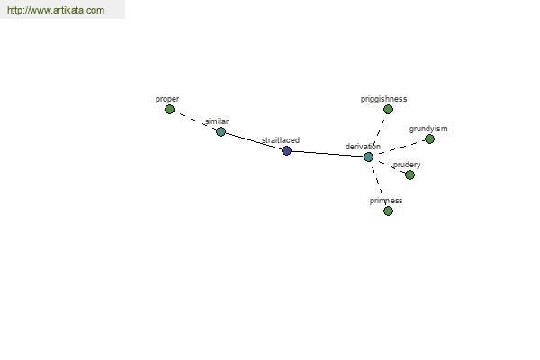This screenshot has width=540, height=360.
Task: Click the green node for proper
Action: (169, 110)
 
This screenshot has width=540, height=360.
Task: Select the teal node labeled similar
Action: (220, 131)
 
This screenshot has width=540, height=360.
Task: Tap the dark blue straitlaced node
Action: (286, 150)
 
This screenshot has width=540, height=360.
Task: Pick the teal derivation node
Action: (368, 157)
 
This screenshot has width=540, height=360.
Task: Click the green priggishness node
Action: (388, 110)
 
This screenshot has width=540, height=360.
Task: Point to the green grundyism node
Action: (429, 139)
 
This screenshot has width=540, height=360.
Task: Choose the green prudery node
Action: (409, 175)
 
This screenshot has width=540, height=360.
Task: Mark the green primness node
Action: (388, 211)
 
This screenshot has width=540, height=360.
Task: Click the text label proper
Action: (167, 99)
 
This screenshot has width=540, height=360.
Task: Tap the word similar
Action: (217, 121)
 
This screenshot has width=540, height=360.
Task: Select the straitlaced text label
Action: (281, 140)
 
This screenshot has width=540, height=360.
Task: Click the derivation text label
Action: (363, 147)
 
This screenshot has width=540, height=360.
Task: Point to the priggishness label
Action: (384, 99)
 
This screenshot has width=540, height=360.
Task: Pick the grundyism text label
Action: (428, 129)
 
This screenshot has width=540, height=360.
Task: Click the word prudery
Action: (407, 165)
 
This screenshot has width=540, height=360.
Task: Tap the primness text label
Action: (386, 201)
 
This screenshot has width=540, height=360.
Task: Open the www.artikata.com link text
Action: (56, 10)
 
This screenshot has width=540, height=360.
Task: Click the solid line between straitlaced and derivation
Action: (328, 154)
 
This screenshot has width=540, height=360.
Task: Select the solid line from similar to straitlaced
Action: (254, 141)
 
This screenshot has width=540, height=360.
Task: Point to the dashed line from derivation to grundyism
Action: (401, 147)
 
